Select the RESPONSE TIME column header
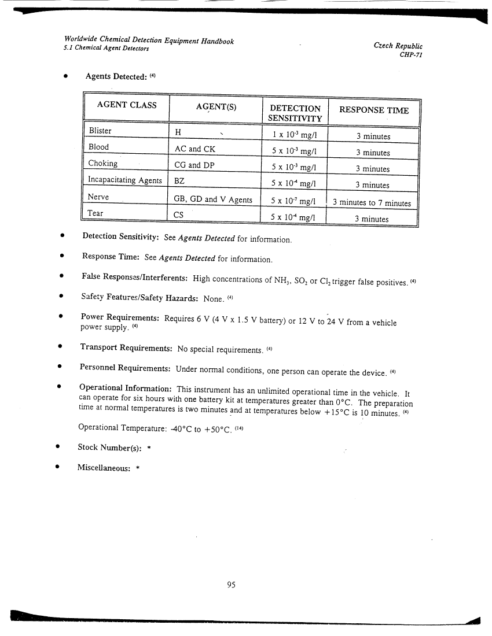(373, 110)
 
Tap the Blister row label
(100, 131)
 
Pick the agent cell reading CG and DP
(195, 165)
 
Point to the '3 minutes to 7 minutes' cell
(372, 203)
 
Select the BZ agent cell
(179, 181)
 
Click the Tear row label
(96, 213)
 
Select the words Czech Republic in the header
(399, 46)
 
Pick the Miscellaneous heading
(105, 468)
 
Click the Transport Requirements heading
(126, 347)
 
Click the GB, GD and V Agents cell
(213, 199)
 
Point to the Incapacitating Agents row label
(124, 180)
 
